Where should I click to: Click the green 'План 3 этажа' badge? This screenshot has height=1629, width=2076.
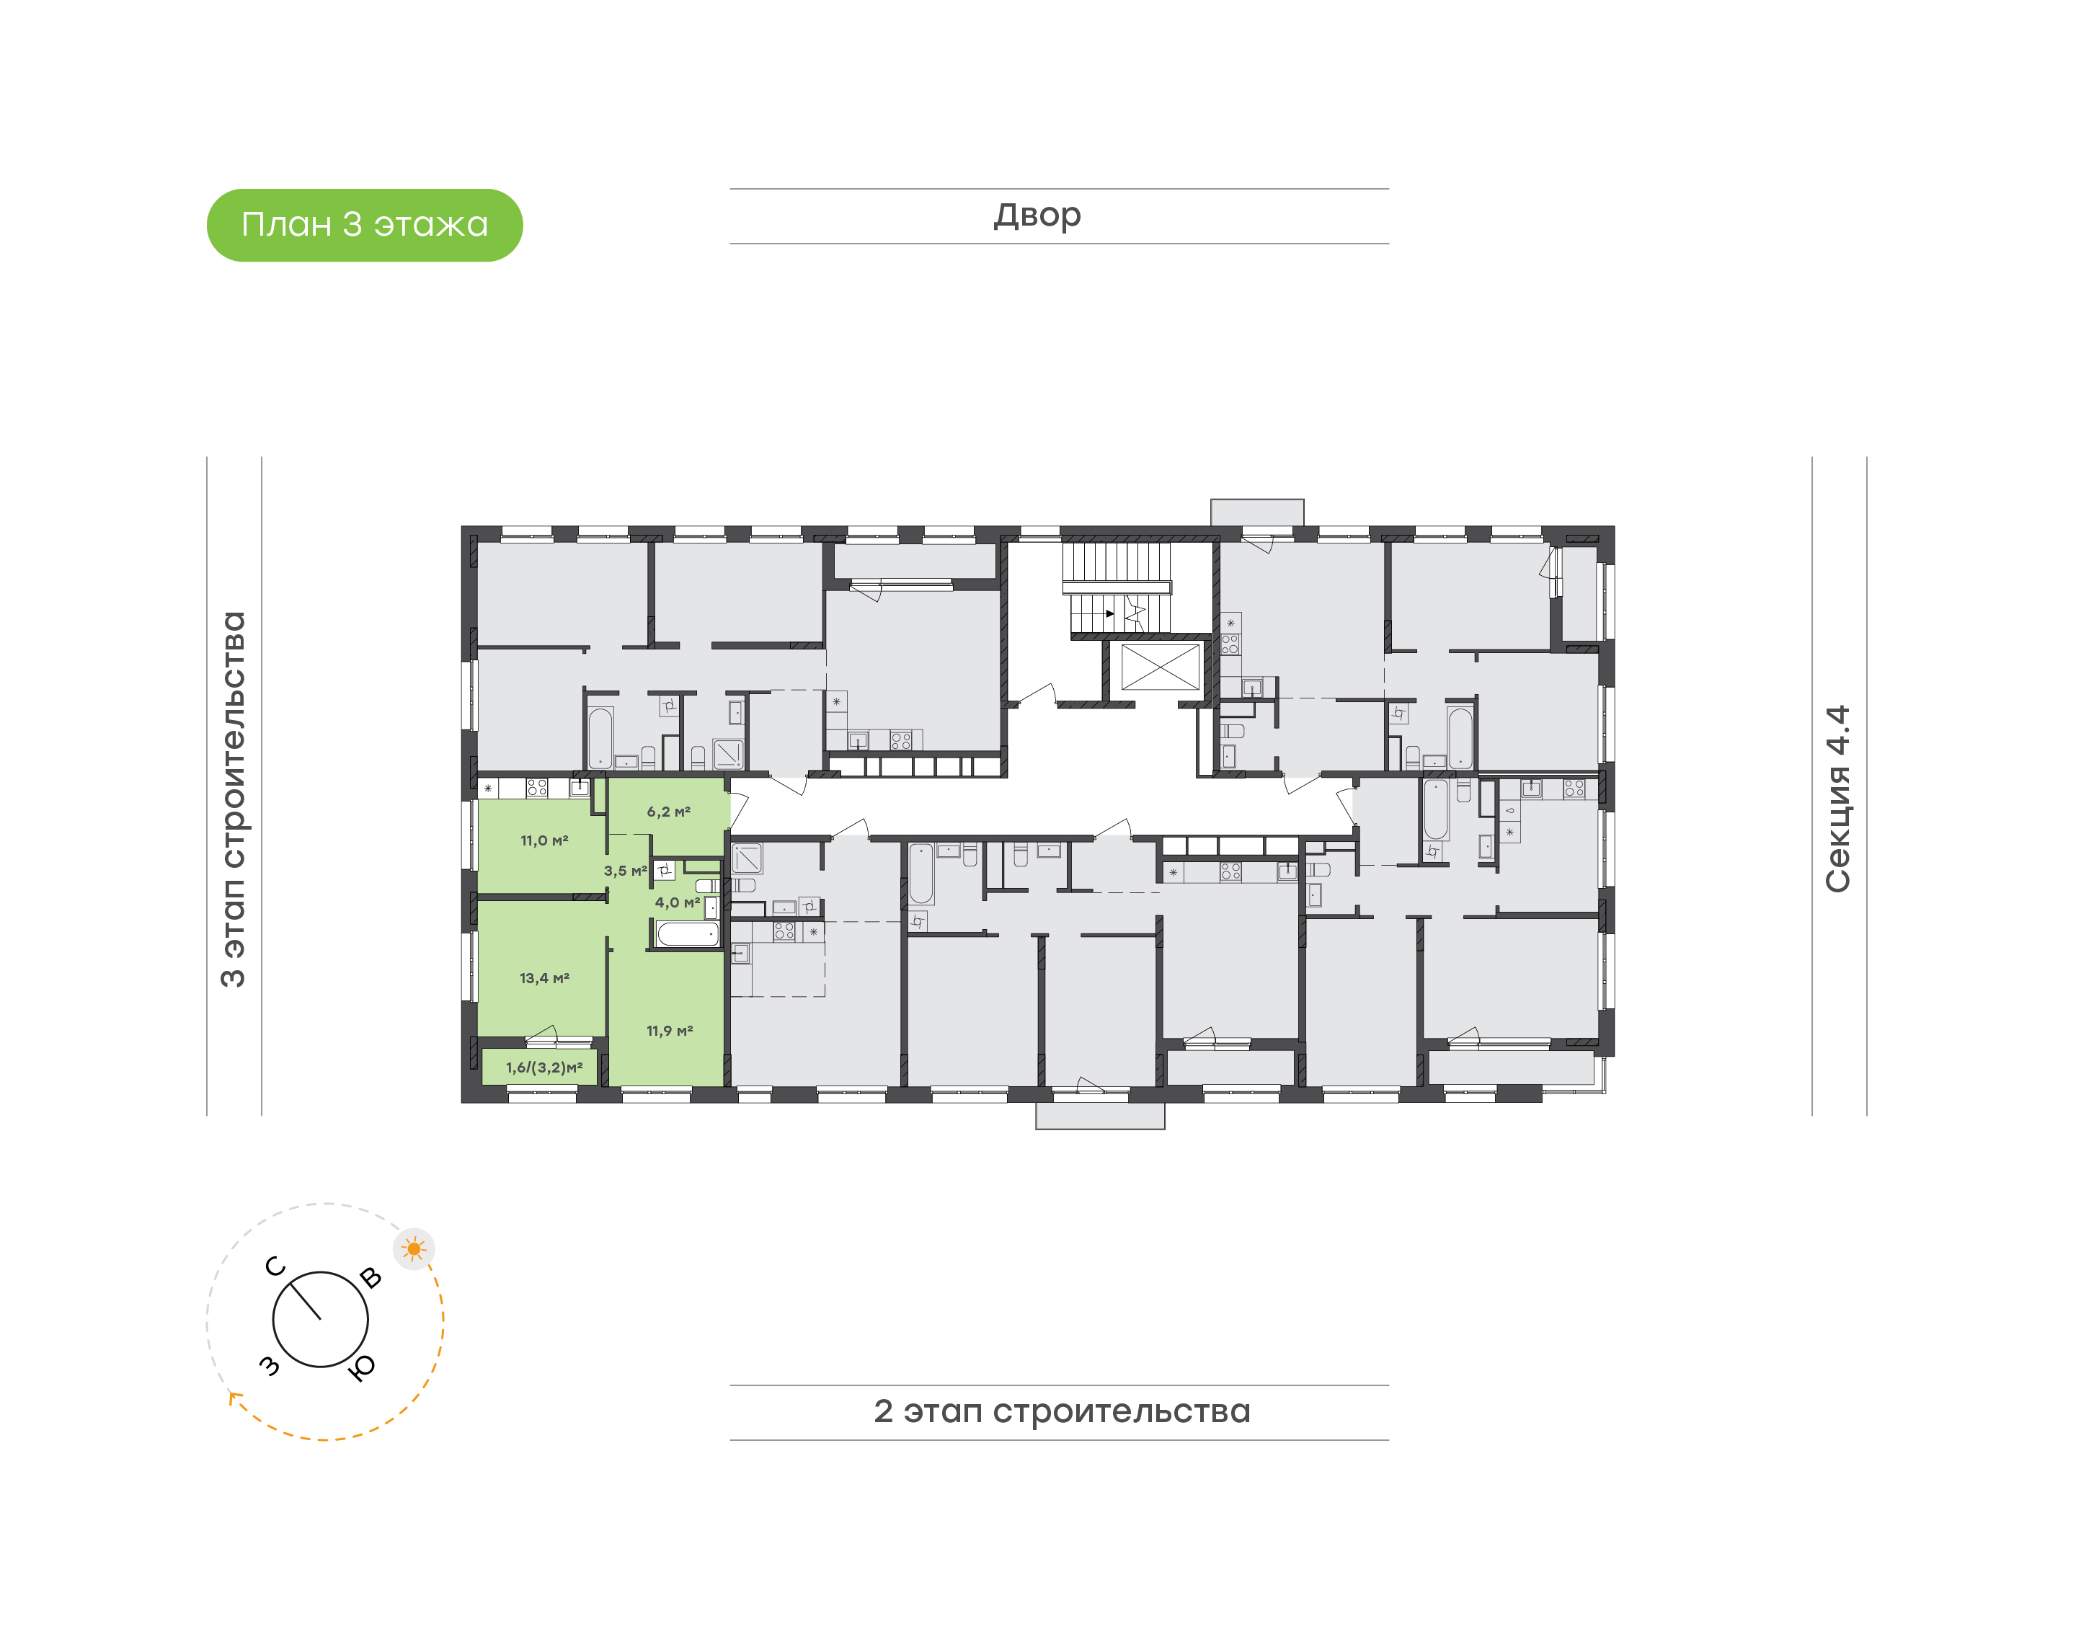pos(364,225)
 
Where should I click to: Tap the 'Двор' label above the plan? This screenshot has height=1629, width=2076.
pos(1037,216)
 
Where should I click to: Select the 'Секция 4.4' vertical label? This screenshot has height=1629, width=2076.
pos(1837,799)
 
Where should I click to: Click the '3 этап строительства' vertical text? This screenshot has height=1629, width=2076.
pos(233,799)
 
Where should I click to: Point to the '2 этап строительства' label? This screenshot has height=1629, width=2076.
pos(1061,1411)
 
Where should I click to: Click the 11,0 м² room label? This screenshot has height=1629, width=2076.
pos(544,840)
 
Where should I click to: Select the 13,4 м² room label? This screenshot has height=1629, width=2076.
pos(544,977)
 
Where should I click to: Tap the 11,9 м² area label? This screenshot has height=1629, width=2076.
pos(670,1030)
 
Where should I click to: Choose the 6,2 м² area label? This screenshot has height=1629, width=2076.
pos(668,812)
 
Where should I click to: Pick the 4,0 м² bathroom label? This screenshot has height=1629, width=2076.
pos(677,902)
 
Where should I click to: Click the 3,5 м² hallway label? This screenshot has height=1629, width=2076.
pos(625,871)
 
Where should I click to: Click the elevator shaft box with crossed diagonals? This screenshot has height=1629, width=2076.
pos(1160,666)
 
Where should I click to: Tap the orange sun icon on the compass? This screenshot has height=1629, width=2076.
pos(414,1248)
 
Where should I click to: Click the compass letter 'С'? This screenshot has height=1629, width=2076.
pos(275,1266)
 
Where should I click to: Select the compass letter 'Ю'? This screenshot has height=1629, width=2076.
pos(363,1369)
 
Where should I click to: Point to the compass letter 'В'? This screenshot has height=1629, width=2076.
pos(371,1278)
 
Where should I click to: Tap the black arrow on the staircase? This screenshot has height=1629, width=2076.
pos(1109,613)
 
